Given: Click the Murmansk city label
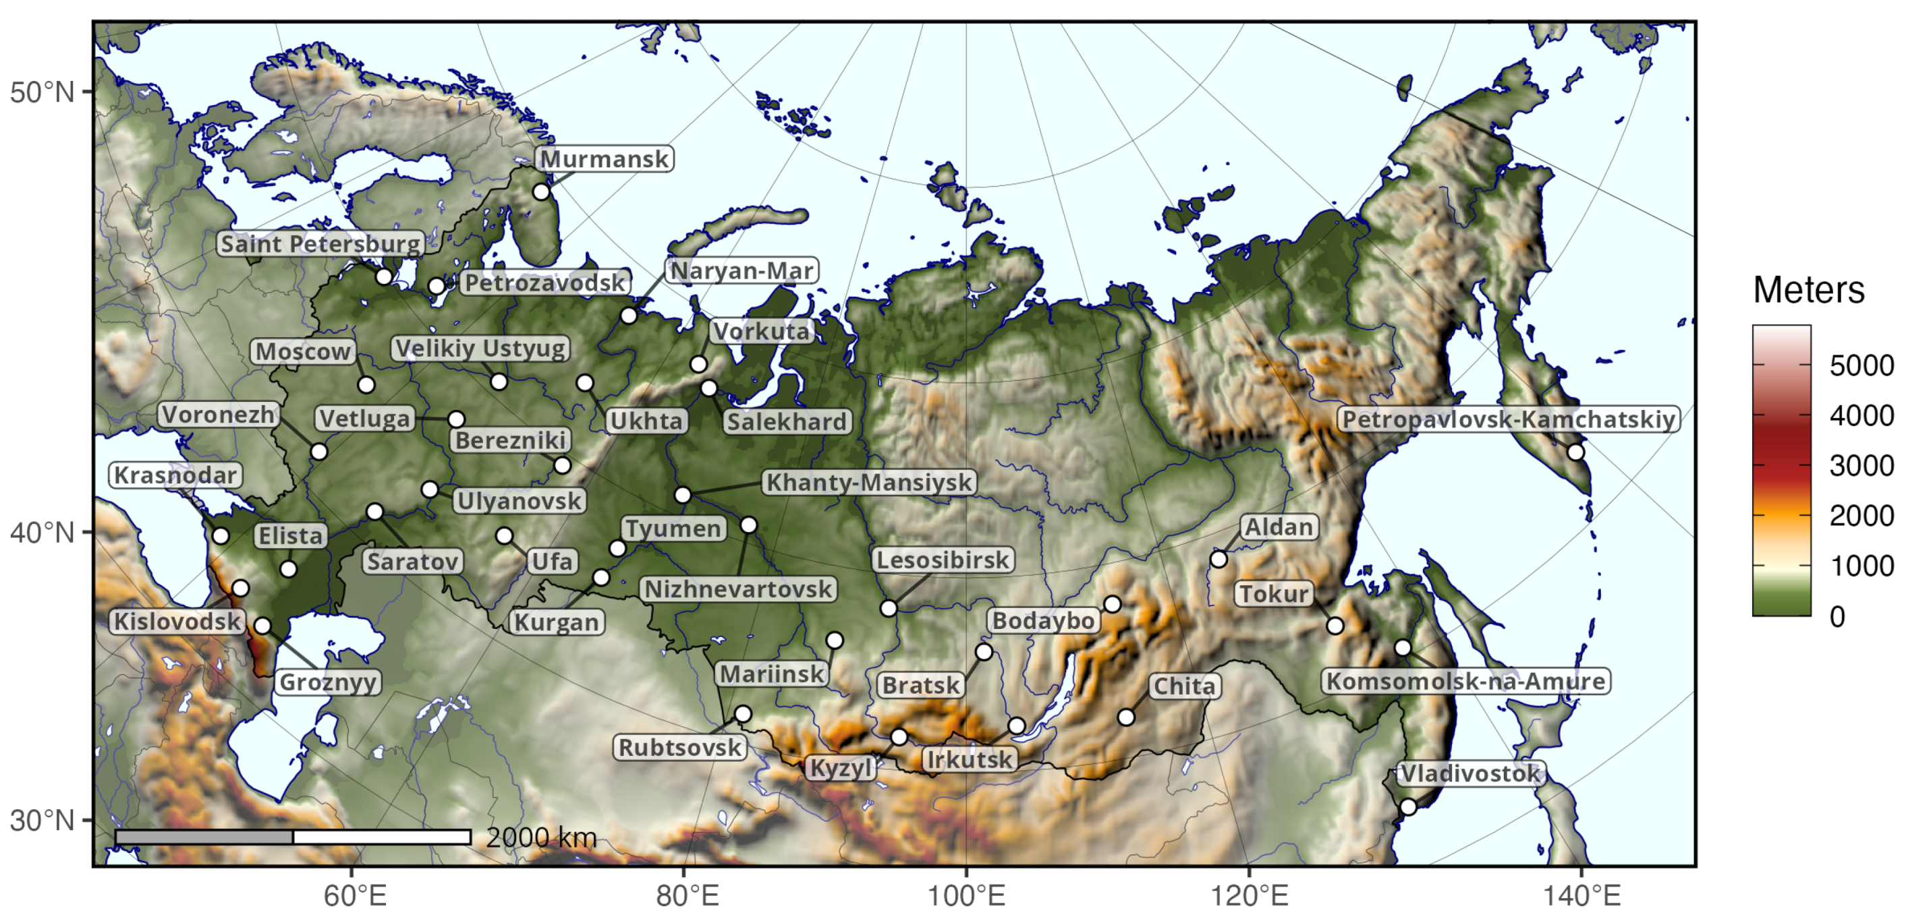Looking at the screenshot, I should (604, 159).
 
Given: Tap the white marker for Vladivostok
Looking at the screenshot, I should (1408, 807).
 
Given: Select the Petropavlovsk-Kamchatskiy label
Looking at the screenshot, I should (1508, 419).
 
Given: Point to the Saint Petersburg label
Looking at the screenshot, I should (320, 243).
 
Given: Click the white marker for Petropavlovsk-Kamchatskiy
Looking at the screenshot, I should (1576, 452).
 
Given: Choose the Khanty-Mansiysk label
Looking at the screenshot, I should (868, 482).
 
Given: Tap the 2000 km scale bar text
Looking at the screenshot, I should (541, 837).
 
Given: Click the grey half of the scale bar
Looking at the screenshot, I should (204, 837).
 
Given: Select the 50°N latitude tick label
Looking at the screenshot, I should (43, 92).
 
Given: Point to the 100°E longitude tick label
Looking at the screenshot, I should (966, 895).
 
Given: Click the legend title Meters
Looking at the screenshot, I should (1808, 290).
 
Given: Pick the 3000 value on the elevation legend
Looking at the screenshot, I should (1861, 466).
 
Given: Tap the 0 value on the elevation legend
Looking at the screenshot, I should (1837, 617).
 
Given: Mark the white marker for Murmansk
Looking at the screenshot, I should (542, 191).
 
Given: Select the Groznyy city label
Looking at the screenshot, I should (328, 682).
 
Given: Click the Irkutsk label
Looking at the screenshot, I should (970, 760).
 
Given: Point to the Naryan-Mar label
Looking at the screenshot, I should (741, 270).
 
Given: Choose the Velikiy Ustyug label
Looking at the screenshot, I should (480, 348).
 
